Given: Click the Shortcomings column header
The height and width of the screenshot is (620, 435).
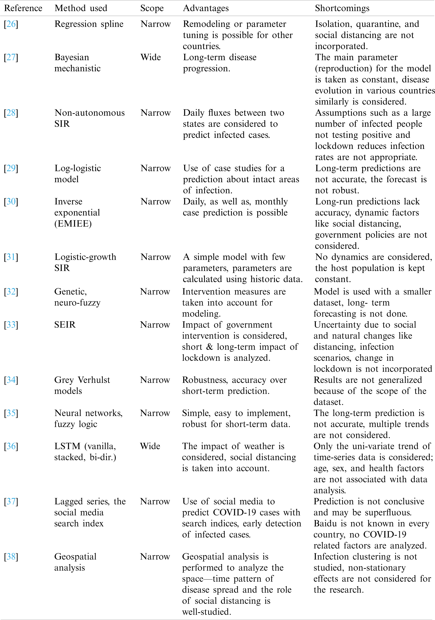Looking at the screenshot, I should [342, 8].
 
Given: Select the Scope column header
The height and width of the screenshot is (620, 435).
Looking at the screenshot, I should [152, 8].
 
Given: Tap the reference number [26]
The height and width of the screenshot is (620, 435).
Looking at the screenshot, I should [11, 24].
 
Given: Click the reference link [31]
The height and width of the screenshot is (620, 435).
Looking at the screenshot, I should [11, 257].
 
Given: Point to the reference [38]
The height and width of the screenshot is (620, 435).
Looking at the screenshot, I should [11, 557].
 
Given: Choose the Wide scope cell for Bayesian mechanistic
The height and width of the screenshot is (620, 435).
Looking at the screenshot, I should [151, 57].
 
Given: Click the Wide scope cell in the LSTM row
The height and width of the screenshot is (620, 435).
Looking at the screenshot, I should [150, 446].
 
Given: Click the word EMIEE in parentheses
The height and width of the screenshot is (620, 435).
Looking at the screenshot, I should [73, 224].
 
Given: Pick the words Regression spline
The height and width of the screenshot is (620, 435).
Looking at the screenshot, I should [89, 24].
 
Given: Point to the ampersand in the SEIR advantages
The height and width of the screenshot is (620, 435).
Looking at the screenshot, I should [209, 347].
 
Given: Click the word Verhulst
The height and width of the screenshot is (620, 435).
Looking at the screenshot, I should [94, 380].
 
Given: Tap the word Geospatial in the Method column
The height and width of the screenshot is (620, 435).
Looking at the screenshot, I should [75, 557].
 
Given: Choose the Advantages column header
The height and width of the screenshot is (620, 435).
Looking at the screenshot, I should [206, 8].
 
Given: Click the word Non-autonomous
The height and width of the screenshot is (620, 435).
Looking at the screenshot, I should [89, 113].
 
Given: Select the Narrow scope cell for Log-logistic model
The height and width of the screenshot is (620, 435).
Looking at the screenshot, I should [155, 168].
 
